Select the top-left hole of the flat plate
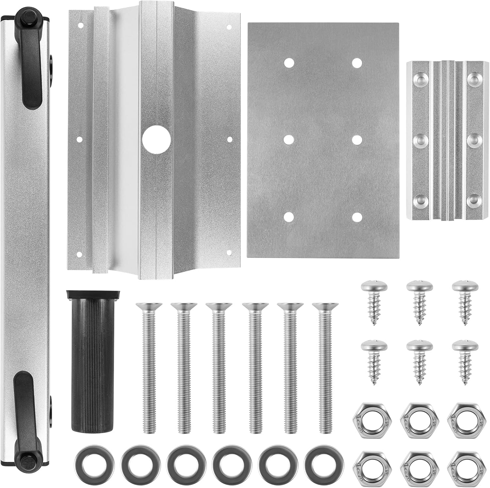click(x=288, y=63)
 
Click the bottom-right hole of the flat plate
click(x=357, y=217)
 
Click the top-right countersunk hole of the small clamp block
click(x=473, y=77)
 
